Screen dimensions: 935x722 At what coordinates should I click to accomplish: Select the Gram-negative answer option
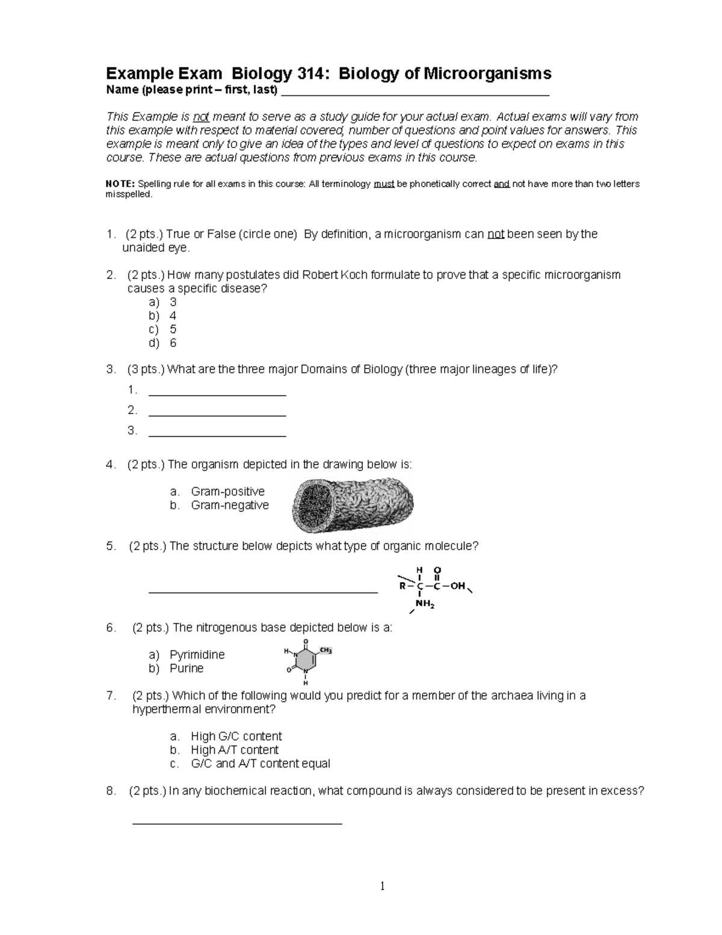tap(229, 505)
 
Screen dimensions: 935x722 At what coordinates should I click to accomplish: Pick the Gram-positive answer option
tap(227, 491)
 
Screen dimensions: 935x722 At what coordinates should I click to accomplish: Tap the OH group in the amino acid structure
tap(458, 586)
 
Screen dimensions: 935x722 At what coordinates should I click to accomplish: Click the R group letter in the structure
tap(402, 586)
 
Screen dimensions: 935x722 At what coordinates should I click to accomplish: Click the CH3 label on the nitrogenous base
tap(326, 651)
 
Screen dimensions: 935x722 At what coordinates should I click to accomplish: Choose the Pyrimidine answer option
tap(196, 654)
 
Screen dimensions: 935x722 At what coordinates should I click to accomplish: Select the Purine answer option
tap(186, 668)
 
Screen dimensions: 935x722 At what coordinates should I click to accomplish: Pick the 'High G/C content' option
tap(235, 736)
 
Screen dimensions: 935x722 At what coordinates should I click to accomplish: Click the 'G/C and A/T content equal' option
tap(260, 763)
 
